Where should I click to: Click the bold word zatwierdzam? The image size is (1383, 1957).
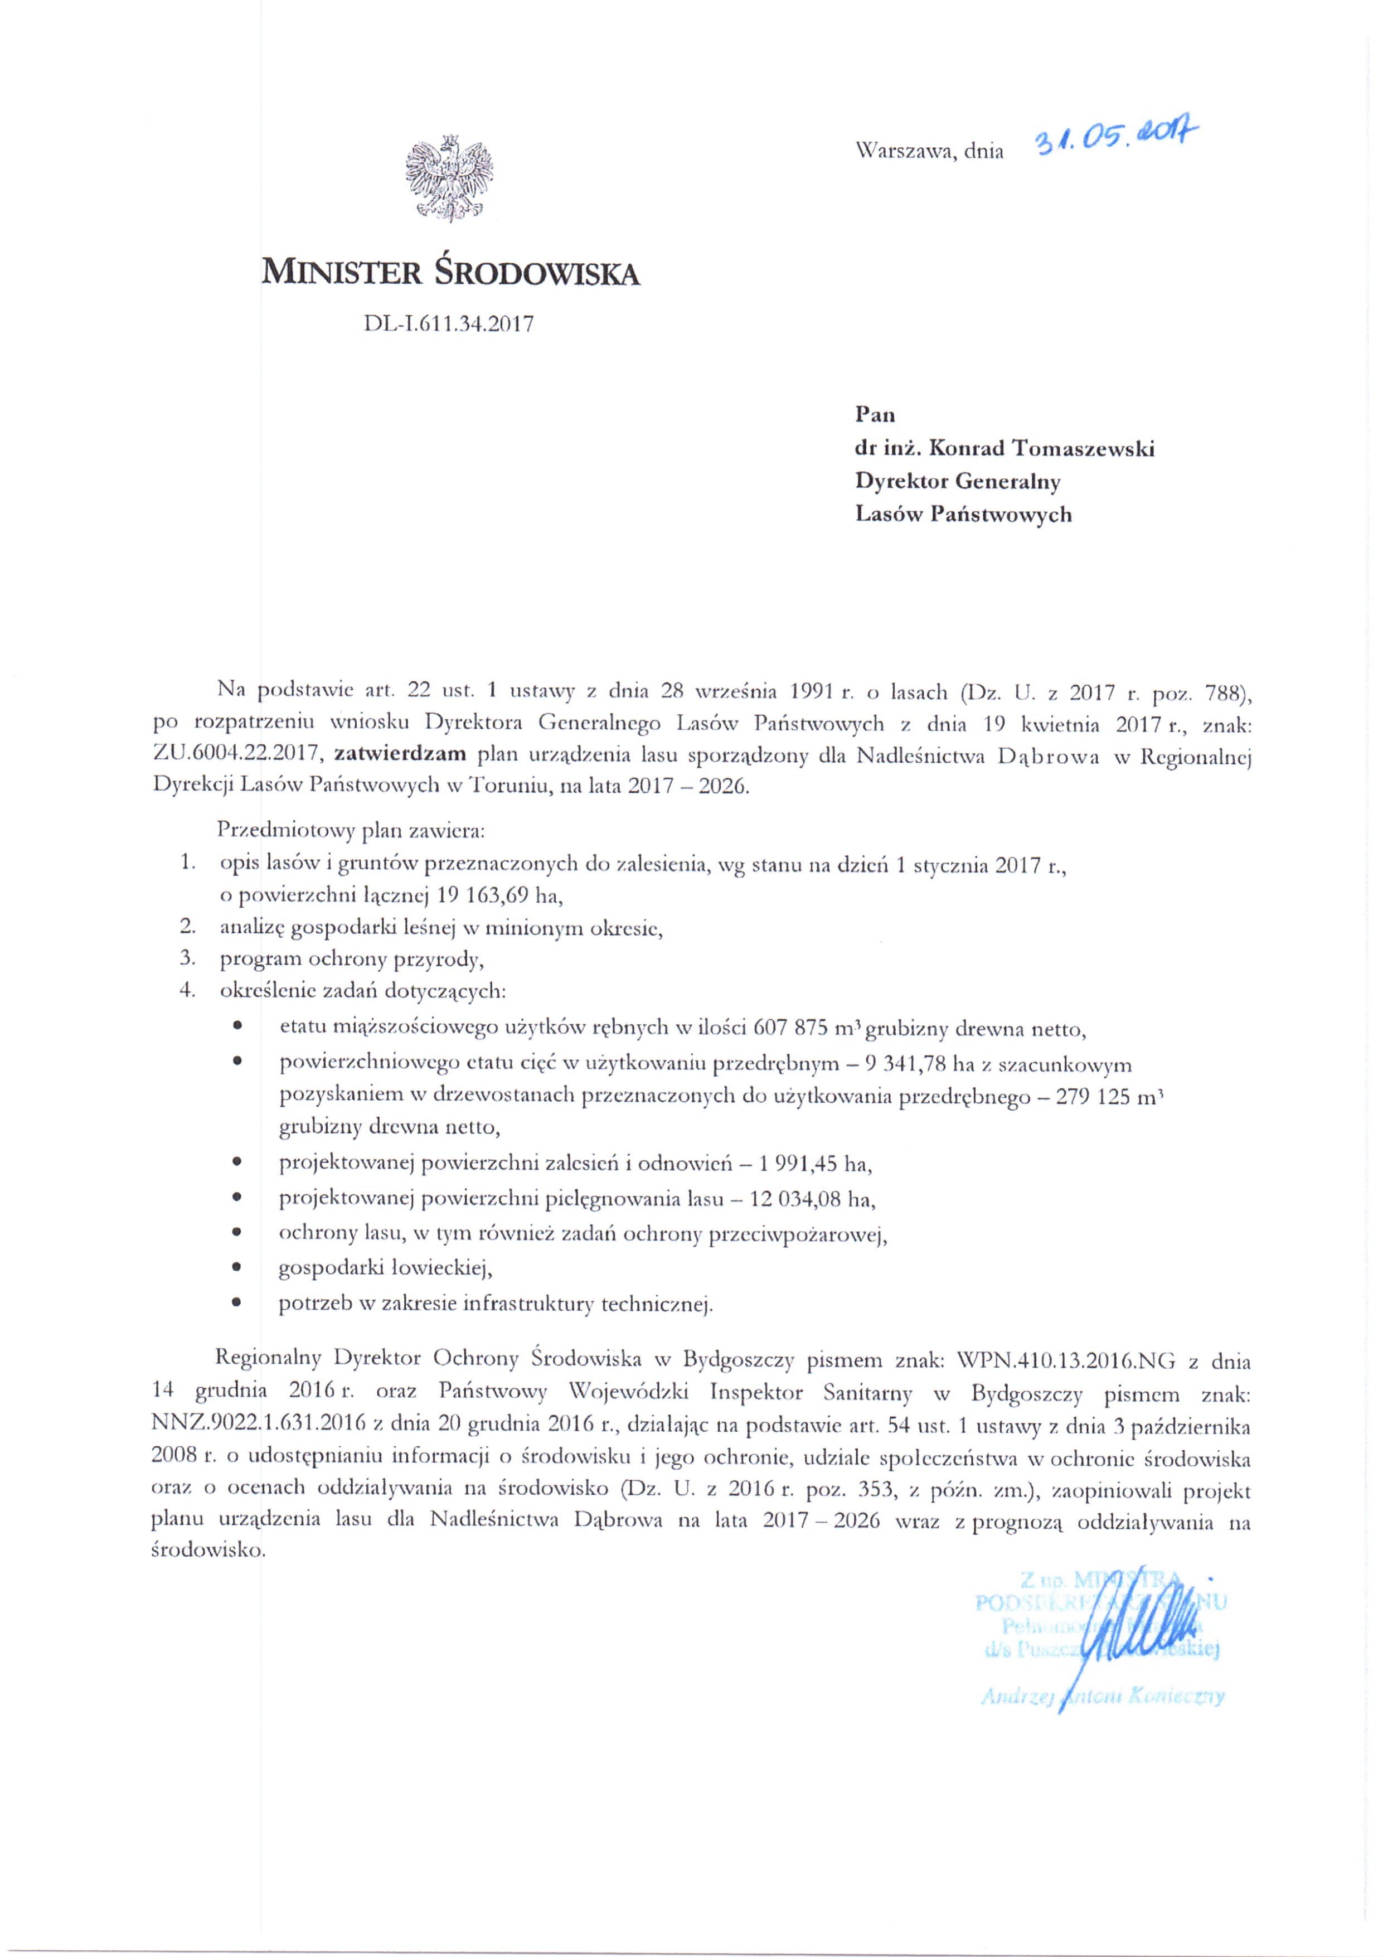point(400,753)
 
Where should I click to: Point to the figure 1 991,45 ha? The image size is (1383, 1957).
point(813,1164)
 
